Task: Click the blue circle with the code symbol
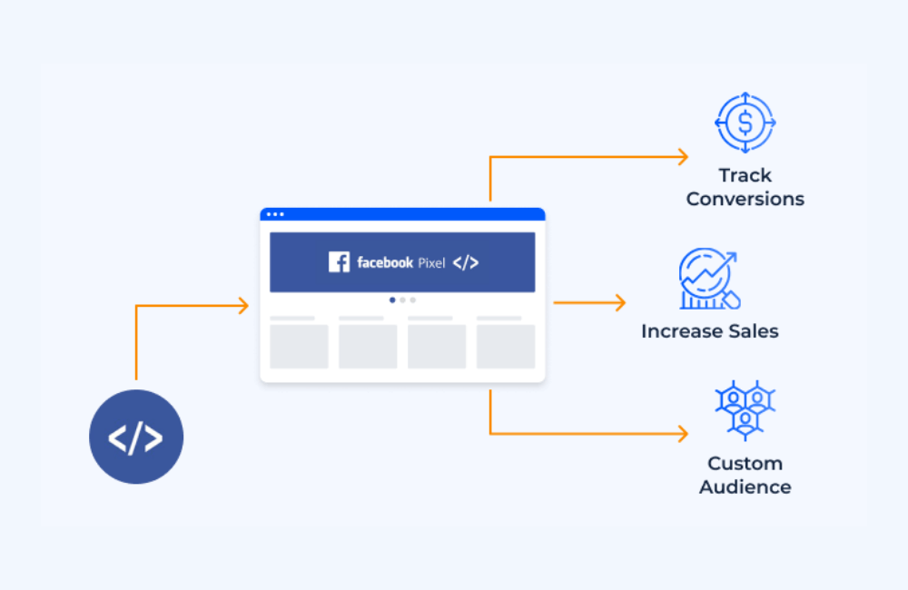tap(136, 438)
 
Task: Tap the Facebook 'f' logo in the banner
tap(339, 262)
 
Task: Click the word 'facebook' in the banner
tap(385, 262)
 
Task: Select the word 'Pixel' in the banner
tap(431, 263)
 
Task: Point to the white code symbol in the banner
tap(466, 262)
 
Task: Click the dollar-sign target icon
tap(745, 122)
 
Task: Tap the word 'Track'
tap(745, 175)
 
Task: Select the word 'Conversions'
tap(745, 199)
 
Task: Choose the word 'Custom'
tap(745, 463)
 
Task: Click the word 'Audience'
tap(745, 487)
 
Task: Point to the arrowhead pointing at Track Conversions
tap(683, 157)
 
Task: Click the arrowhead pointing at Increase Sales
tap(620, 302)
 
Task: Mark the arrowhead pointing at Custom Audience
tap(683, 434)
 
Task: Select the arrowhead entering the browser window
tap(242, 306)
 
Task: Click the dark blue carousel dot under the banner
tap(392, 300)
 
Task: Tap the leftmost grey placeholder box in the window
tap(299, 346)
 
